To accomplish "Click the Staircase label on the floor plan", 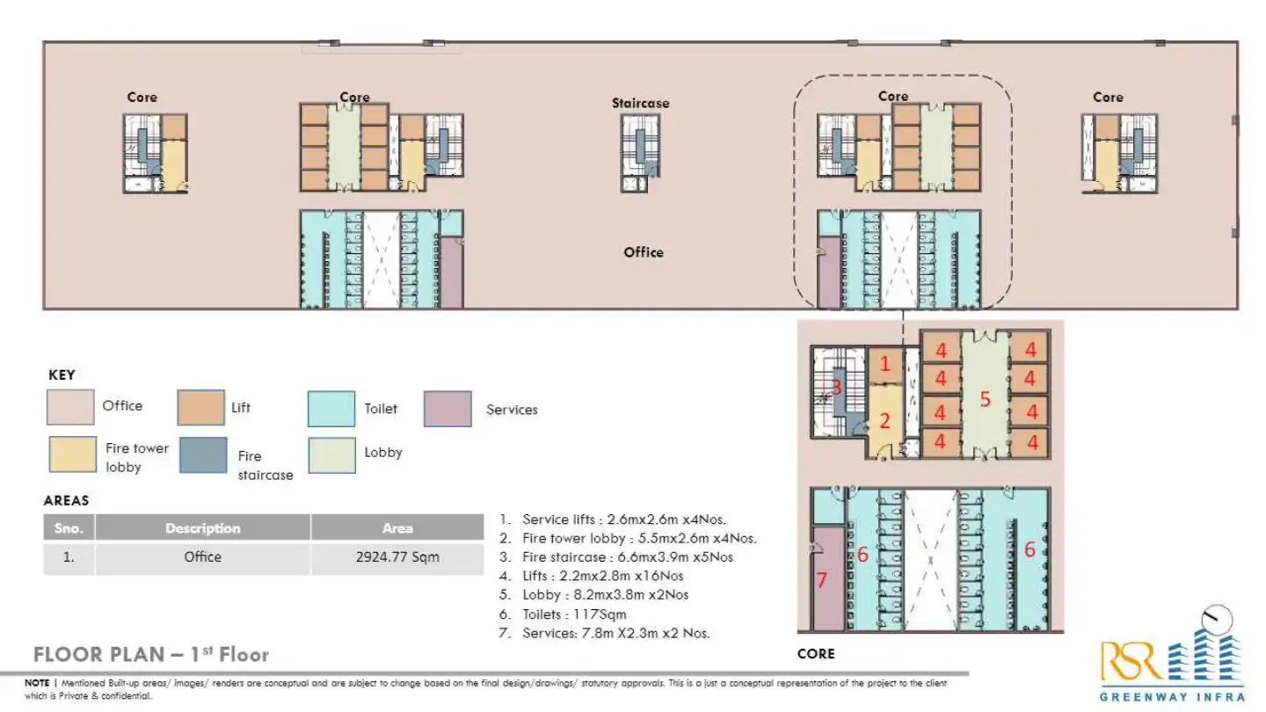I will tap(640, 104).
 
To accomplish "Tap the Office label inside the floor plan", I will tap(643, 252).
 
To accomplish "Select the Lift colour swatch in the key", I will tap(201, 409).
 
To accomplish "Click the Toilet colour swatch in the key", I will tap(331, 409).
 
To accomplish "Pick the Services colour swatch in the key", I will tap(447, 409).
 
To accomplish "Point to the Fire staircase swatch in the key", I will tap(203, 455).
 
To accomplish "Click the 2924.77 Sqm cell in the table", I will tap(397, 557).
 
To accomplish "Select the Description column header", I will tap(202, 528).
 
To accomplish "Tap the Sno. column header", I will tap(69, 528).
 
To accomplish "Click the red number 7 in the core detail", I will tap(822, 580).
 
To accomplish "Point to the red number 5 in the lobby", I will tap(986, 400).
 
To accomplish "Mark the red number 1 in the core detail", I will tap(885, 363).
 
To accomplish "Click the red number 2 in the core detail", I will tap(884, 422).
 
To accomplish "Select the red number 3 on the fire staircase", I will tap(837, 388).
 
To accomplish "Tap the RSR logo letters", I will tap(1130, 662).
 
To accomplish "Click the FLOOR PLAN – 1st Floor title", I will tap(150, 655).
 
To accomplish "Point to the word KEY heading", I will tap(62, 375).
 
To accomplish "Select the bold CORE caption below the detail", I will tap(815, 654).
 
